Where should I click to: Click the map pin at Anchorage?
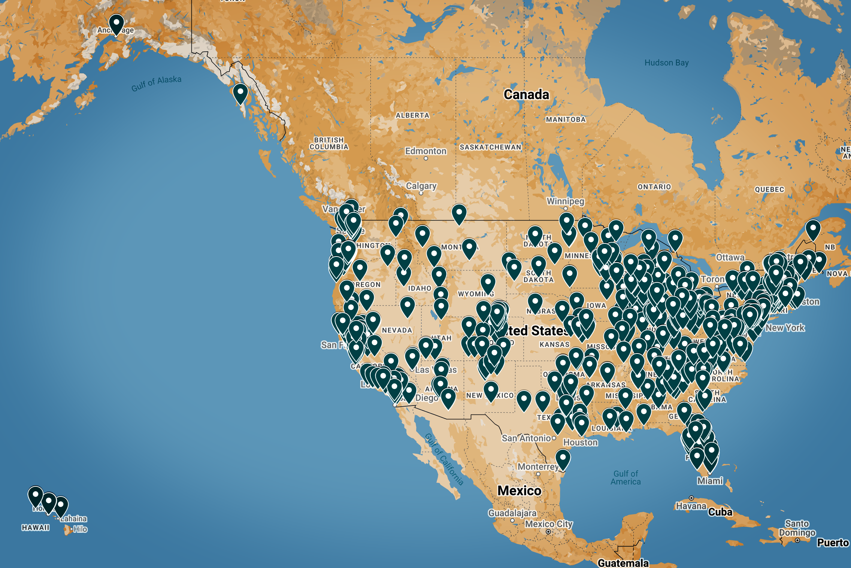point(116,24)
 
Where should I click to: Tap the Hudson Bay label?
point(666,63)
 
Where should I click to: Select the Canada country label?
point(526,94)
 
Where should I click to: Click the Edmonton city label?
point(425,151)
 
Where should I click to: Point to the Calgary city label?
point(421,186)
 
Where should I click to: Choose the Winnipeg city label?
point(565,201)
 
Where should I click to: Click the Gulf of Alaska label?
point(156,83)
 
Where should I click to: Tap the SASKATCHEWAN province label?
point(490,147)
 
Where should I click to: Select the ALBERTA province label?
point(412,115)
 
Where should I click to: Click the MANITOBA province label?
point(566,119)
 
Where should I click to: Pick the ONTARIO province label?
point(654,187)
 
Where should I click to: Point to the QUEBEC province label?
point(769,189)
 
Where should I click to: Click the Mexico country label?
point(519,490)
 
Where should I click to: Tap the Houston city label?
point(580,442)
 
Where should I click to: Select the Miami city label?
point(710,481)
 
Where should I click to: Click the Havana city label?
point(691,506)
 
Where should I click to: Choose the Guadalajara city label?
point(512,513)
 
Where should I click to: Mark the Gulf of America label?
point(626,478)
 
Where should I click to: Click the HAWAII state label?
point(36,528)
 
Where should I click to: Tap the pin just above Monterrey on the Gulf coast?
point(563,459)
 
